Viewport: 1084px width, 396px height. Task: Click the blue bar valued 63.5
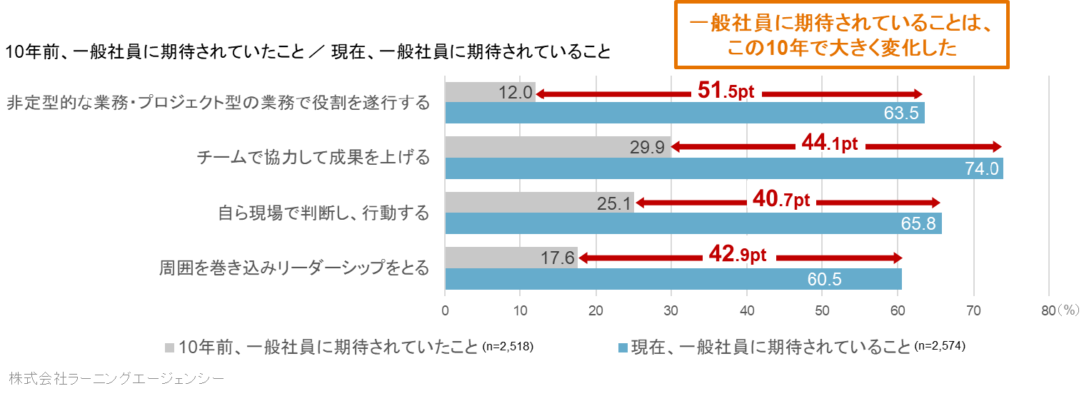pyautogui.click(x=684, y=113)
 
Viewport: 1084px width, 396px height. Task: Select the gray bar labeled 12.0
pyautogui.click(x=489, y=91)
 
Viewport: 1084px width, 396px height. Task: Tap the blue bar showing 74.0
pyautogui.click(x=723, y=168)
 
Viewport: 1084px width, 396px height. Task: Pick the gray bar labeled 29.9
pyautogui.click(x=557, y=147)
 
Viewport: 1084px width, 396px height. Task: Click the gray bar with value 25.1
pyautogui.click(x=539, y=203)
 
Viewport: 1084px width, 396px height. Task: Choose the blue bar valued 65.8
pyautogui.click(x=693, y=223)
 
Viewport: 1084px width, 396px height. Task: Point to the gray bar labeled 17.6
pyautogui.click(x=511, y=258)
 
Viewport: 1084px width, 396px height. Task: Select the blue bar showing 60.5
pyautogui.click(x=673, y=279)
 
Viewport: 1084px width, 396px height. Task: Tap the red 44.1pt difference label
pyautogui.click(x=829, y=145)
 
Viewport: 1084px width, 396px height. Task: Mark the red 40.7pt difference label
pyautogui.click(x=781, y=199)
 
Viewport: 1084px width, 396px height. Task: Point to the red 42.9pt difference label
pyautogui.click(x=737, y=254)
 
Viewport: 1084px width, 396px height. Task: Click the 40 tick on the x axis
pyautogui.click(x=746, y=310)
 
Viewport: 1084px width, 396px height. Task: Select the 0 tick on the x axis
pyautogui.click(x=445, y=310)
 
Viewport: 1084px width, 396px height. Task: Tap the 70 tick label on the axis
pyautogui.click(x=973, y=310)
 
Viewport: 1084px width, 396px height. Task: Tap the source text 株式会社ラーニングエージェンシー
pyautogui.click(x=117, y=377)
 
